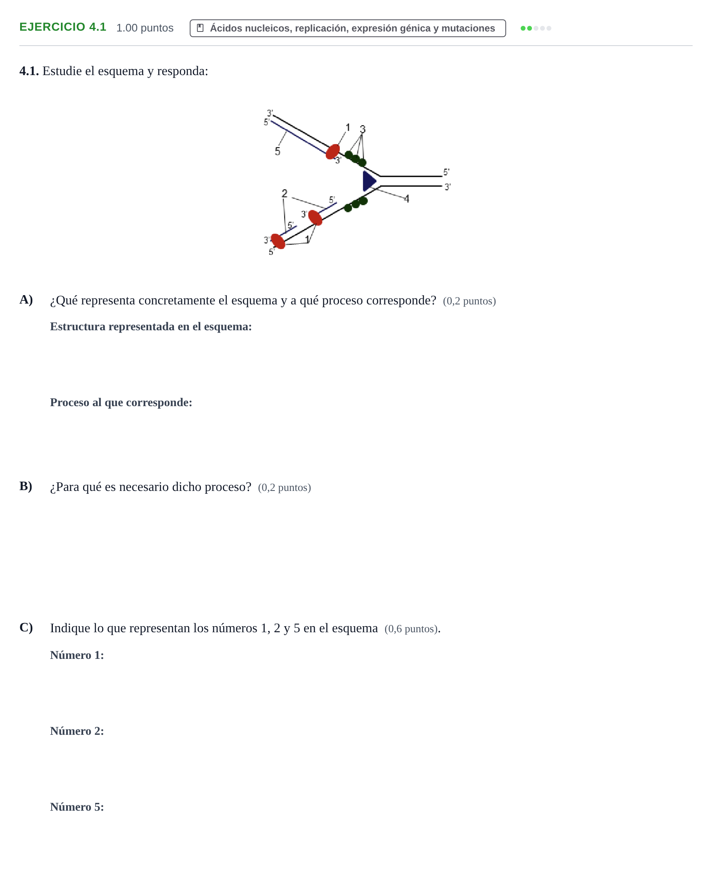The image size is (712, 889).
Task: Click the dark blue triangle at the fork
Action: pos(368,181)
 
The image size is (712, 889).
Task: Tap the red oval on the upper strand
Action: pos(333,152)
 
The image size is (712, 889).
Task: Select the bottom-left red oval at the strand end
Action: pos(278,241)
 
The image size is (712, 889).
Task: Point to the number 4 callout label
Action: pos(406,199)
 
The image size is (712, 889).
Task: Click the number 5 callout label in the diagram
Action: pos(277,151)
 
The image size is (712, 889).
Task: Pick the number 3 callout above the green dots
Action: pos(362,129)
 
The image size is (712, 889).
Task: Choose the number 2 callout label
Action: pos(285,193)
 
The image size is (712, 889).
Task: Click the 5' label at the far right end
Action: pos(446,172)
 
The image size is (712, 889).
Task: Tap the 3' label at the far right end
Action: pos(448,187)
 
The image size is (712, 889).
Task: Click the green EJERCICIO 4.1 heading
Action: pos(63,27)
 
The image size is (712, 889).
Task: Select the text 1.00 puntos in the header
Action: pos(145,27)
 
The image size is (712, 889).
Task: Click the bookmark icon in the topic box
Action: pos(200,28)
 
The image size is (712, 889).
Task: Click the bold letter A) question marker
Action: pos(26,300)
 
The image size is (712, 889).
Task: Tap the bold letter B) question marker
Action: pos(26,486)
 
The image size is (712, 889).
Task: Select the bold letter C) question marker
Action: pos(26,627)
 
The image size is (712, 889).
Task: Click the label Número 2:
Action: pos(77,731)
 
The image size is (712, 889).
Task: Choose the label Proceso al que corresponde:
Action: pos(121,403)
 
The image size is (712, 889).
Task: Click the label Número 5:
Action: pos(77,807)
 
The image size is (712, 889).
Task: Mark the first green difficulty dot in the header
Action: pos(523,28)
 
